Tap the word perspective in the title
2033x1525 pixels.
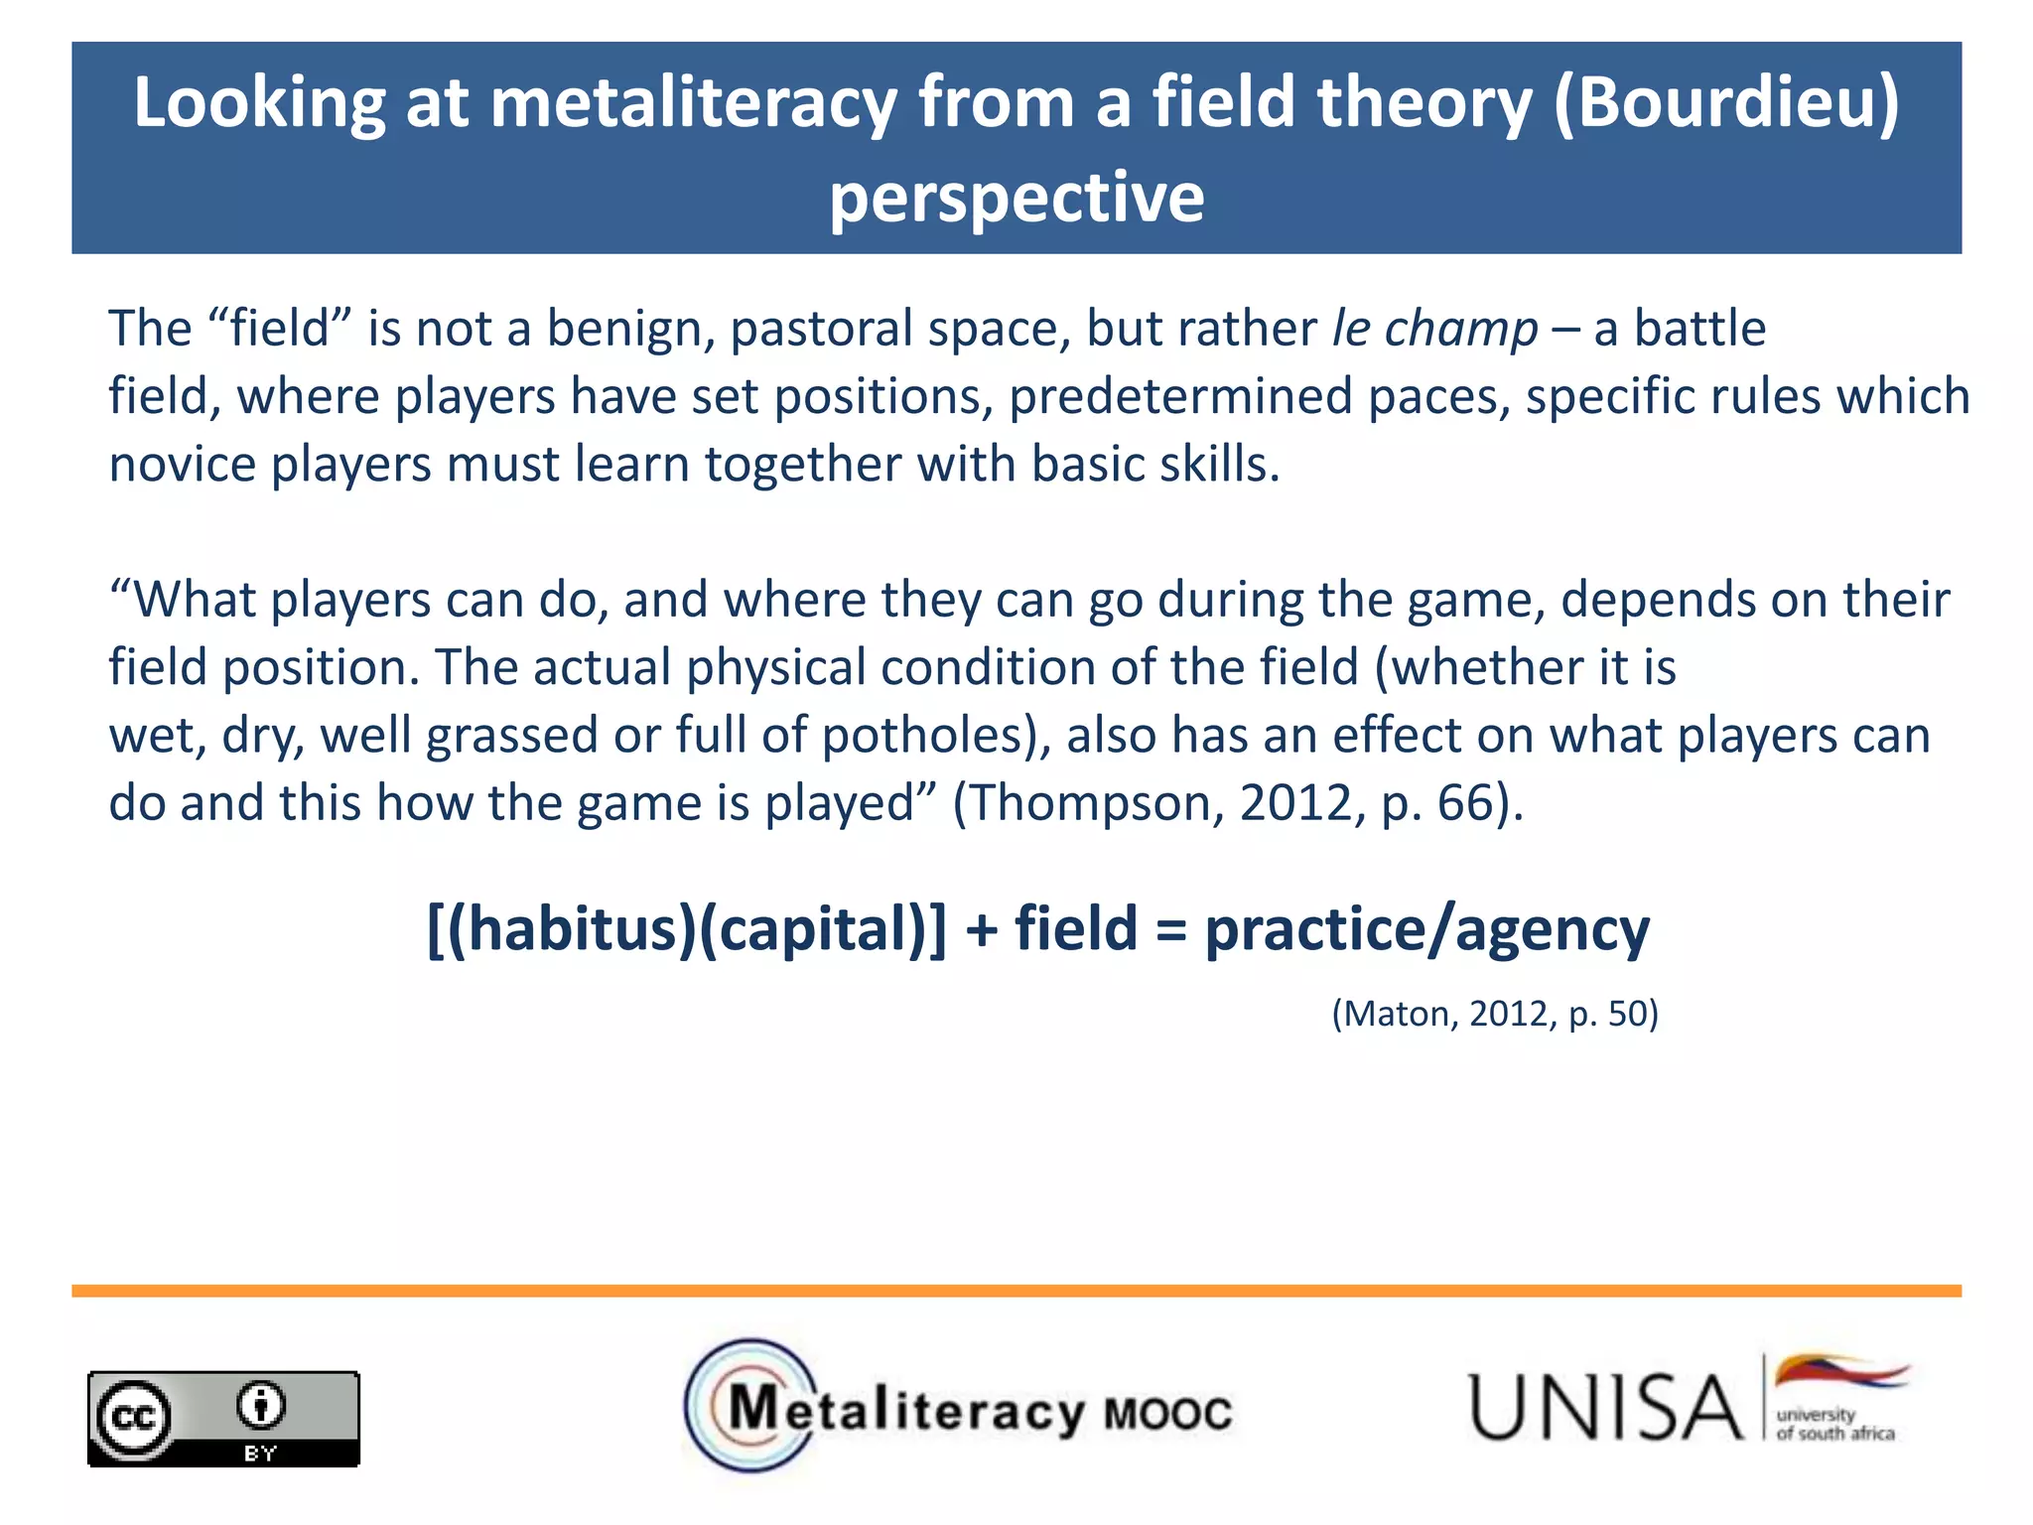pos(1016,197)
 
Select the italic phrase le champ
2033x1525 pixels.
pos(1434,329)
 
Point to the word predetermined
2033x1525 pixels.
pos(1181,396)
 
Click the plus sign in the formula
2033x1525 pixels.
pos(981,931)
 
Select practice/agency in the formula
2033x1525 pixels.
pos(1426,931)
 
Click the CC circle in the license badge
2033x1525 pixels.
pos(132,1417)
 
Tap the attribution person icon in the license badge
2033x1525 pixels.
pos(261,1405)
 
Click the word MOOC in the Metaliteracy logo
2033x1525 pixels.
pos(1167,1413)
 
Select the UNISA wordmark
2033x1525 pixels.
pos(1604,1407)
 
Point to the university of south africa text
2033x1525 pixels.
pos(1834,1424)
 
